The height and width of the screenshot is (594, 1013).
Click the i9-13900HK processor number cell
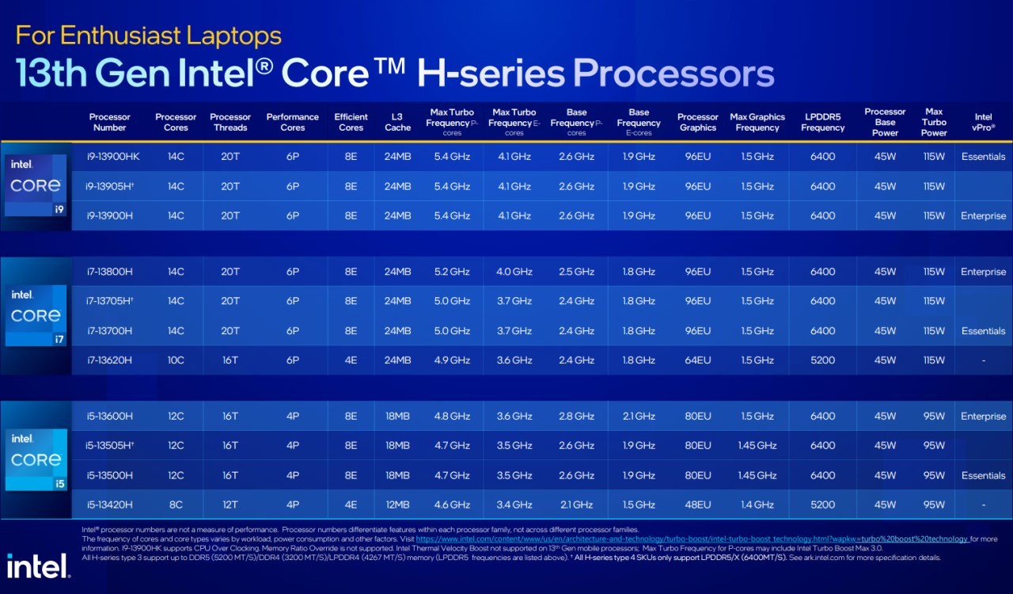click(x=113, y=157)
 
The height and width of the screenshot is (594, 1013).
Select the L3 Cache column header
click(x=397, y=122)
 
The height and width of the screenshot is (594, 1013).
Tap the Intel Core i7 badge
click(x=36, y=315)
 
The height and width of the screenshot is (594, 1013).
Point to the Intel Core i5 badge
click(x=36, y=459)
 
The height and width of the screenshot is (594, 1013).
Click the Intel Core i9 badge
click(x=36, y=185)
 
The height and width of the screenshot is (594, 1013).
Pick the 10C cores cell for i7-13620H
click(x=176, y=360)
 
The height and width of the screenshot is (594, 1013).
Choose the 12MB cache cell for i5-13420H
click(x=397, y=505)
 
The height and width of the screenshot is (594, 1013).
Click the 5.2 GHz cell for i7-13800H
click(x=452, y=272)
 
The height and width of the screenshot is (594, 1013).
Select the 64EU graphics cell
click(x=697, y=360)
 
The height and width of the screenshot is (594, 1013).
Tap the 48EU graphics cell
click(x=697, y=505)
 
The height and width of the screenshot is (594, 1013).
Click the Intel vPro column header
click(x=983, y=122)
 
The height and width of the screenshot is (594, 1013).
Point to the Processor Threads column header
click(x=230, y=122)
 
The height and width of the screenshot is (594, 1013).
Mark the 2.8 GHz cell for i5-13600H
click(x=576, y=417)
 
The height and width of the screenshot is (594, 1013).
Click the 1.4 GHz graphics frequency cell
click(x=757, y=505)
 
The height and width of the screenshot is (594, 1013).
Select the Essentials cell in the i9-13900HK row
click(x=983, y=157)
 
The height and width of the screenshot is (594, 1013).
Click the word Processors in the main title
click(x=673, y=74)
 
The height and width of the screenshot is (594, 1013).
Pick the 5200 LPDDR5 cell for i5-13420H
click(x=822, y=505)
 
